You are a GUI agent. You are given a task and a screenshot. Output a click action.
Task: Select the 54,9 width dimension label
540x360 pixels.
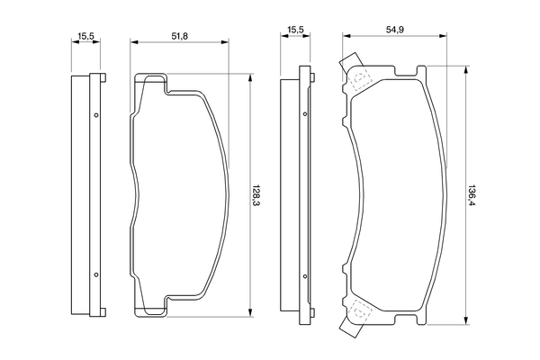(393, 30)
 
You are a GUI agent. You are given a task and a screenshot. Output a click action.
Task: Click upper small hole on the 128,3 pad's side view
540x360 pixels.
(95, 114)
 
